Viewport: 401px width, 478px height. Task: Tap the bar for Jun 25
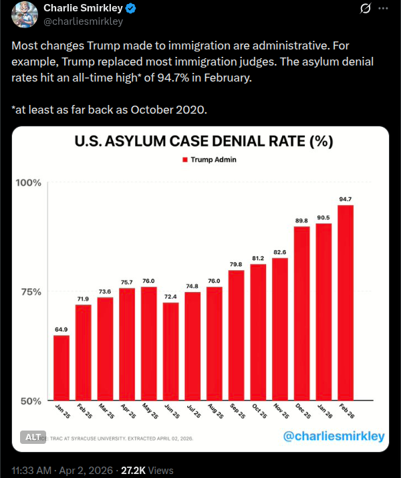[170, 352]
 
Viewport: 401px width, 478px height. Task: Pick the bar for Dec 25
[302, 314]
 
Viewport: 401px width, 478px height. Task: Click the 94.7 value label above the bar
[346, 199]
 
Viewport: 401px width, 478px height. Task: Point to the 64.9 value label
[61, 329]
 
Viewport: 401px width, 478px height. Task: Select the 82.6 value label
[280, 251]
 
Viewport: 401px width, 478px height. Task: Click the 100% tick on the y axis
[29, 183]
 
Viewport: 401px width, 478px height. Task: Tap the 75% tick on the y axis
[29, 292]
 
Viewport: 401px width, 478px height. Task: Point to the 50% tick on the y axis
[29, 401]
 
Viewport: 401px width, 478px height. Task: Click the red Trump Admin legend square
[185, 160]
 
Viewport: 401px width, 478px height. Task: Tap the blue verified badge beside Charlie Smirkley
[133, 9]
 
